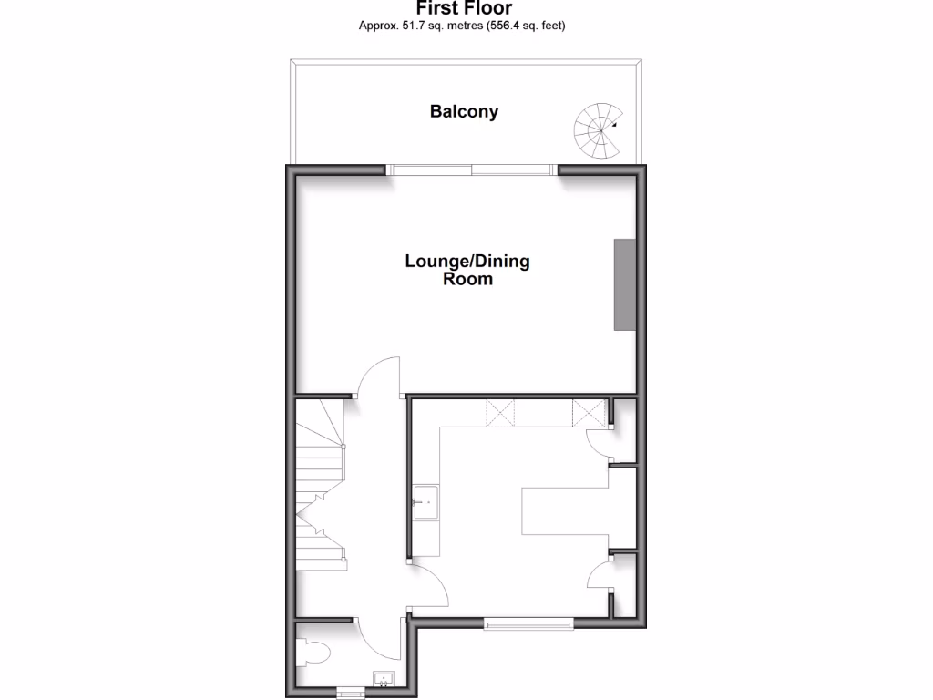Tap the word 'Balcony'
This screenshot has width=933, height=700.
click(x=464, y=112)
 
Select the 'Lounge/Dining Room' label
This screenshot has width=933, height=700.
click(x=466, y=271)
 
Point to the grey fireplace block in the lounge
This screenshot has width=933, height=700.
click(x=624, y=284)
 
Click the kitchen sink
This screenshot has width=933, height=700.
click(x=425, y=502)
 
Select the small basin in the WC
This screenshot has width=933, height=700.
click(x=384, y=678)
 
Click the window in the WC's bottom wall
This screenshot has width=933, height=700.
click(x=351, y=694)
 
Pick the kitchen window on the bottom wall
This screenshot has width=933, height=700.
click(x=528, y=624)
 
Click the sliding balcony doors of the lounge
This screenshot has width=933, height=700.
click(x=471, y=169)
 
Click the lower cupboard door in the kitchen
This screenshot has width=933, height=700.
click(x=600, y=576)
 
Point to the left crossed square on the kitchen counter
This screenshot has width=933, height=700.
click(x=500, y=413)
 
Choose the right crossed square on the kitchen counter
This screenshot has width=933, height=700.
click(x=590, y=413)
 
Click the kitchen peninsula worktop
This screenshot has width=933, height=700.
click(x=565, y=510)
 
